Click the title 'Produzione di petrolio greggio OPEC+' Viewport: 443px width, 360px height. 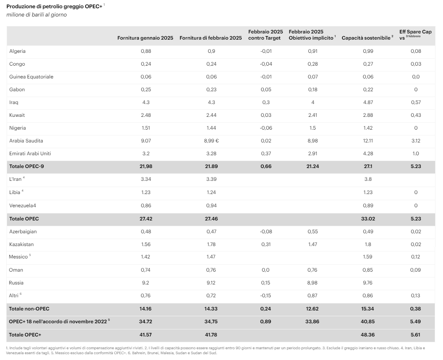[x=55, y=7]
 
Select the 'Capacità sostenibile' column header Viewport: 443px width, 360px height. [x=366, y=38]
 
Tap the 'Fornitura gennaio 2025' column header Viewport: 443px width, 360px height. [x=145, y=38]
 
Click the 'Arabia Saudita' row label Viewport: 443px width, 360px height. [x=26, y=141]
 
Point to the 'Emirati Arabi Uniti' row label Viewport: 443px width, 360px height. [x=30, y=154]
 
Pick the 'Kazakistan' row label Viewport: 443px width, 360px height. [x=21, y=244]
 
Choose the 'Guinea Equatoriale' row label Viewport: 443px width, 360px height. [x=31, y=77]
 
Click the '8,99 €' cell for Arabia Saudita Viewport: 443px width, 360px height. [x=212, y=141]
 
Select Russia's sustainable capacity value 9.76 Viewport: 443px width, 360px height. [x=367, y=283]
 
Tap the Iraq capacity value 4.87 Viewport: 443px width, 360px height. [x=367, y=102]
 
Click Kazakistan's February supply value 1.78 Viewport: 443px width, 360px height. [x=211, y=244]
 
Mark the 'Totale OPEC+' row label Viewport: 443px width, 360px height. [x=25, y=334]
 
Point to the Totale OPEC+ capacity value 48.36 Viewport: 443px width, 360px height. [x=367, y=334]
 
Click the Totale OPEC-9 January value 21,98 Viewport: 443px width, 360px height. [x=145, y=166]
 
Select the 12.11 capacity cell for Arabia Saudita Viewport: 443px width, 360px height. [x=367, y=141]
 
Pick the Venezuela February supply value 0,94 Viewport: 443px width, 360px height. [x=211, y=206]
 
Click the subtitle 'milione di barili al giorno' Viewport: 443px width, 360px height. [x=36, y=15]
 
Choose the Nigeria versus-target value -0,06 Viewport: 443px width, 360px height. [x=265, y=128]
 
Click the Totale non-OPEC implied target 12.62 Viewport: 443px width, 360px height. [x=312, y=308]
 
